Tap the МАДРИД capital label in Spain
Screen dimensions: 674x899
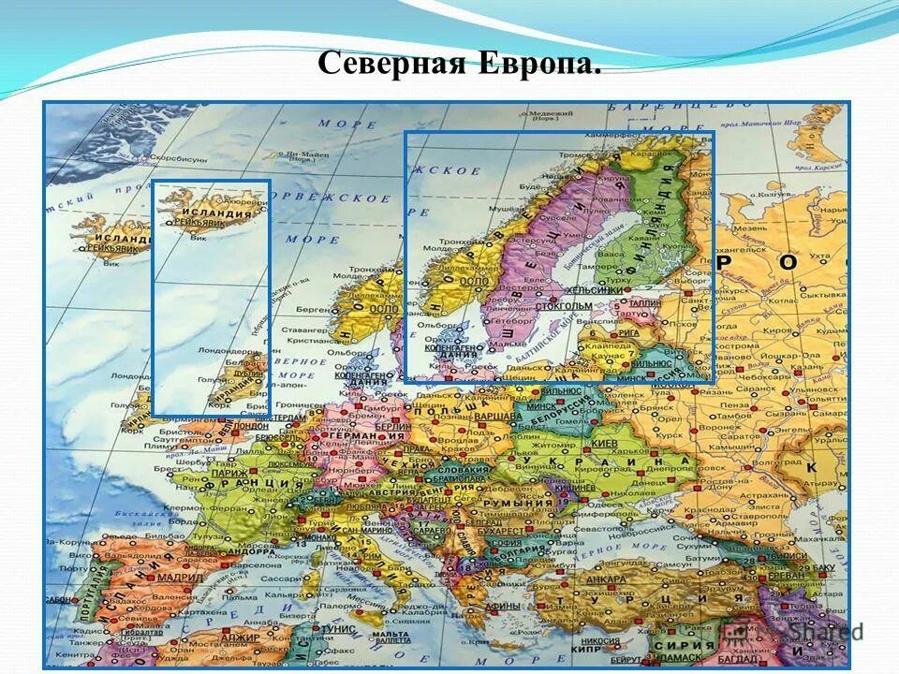point(181,578)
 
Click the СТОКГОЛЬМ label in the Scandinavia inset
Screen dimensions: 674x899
point(565,305)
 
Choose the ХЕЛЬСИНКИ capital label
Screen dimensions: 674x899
point(600,290)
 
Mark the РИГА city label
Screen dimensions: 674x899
point(628,332)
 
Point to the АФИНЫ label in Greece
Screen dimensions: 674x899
point(503,606)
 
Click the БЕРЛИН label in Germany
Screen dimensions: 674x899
point(393,425)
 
